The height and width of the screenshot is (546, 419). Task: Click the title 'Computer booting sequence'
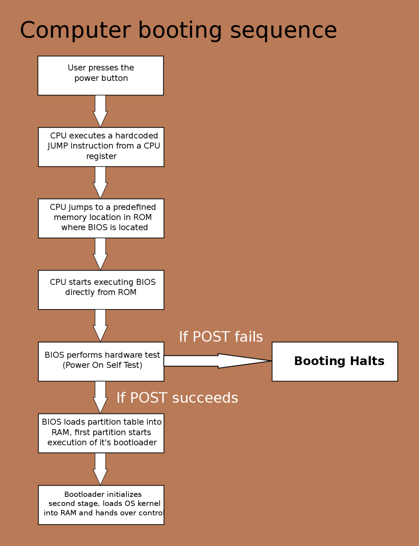click(x=178, y=30)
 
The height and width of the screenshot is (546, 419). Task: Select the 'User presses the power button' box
click(x=101, y=75)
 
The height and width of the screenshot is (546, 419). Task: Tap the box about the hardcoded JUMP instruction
click(x=101, y=147)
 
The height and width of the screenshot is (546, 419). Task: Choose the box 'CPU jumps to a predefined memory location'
click(x=101, y=218)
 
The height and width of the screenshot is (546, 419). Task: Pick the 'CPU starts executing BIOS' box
click(x=101, y=290)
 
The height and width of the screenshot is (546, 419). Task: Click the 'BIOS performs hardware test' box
click(x=101, y=362)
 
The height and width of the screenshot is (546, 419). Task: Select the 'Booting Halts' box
click(x=335, y=362)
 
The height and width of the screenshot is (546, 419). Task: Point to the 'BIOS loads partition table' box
click(x=101, y=433)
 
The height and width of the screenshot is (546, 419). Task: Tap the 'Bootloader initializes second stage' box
click(x=101, y=505)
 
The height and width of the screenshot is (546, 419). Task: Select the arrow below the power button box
click(x=100, y=111)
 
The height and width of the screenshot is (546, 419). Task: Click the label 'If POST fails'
click(x=221, y=337)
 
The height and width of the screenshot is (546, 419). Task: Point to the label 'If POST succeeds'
click(x=177, y=398)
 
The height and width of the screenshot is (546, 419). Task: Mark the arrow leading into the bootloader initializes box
click(x=100, y=469)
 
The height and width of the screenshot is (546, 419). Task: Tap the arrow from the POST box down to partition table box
click(x=100, y=397)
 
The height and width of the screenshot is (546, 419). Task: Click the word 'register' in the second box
click(x=101, y=156)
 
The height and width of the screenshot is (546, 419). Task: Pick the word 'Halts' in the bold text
click(x=367, y=361)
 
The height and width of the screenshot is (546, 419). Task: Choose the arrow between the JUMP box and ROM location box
click(x=100, y=182)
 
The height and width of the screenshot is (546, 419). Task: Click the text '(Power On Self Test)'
click(x=103, y=365)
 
